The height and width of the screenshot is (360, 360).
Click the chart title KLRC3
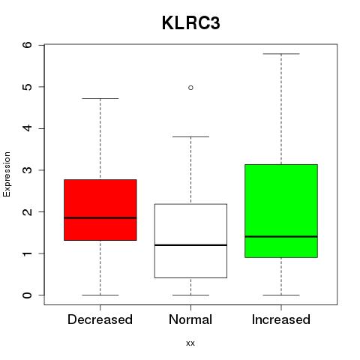pos(191,23)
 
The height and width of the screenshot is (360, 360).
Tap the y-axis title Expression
pos(7,174)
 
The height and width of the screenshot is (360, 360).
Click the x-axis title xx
pos(190,343)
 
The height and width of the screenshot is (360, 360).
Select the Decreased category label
pos(100,319)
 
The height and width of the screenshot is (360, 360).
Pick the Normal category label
pos(190,319)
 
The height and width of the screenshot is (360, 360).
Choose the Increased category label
pos(281,319)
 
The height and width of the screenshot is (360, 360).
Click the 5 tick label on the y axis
pos(28,87)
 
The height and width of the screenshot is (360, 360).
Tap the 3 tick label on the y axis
pos(28,170)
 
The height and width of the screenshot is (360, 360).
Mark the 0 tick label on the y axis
pos(28,295)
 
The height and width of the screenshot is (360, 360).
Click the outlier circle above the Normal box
pos(190,88)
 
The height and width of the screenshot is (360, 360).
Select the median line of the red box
pos(100,217)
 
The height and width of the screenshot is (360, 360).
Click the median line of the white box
pos(190,245)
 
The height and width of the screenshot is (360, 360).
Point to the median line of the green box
pos(281,236)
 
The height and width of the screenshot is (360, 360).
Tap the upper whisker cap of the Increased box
pos(281,54)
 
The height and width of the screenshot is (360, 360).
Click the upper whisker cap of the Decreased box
pos(100,98)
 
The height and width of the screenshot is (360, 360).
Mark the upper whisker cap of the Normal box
pos(190,136)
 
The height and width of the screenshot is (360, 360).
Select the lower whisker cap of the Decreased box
pos(100,295)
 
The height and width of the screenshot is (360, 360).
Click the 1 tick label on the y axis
pos(28,253)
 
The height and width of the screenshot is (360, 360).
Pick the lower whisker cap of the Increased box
pos(281,295)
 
